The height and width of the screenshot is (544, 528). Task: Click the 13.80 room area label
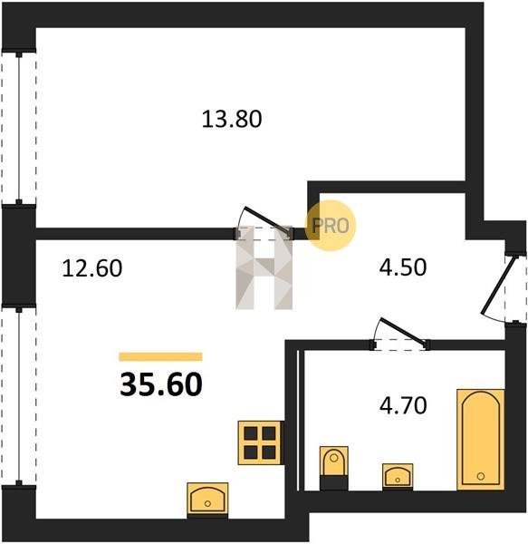(x=232, y=119)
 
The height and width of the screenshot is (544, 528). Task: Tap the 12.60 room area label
(x=91, y=268)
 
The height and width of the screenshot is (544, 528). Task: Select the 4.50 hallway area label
(x=403, y=267)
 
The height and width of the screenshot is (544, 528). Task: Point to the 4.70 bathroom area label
(x=403, y=405)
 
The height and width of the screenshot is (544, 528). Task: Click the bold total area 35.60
(x=161, y=384)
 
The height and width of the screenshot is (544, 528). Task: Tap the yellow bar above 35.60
(x=161, y=356)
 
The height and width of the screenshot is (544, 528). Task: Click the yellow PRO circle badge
(x=331, y=226)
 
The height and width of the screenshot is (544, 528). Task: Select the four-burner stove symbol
(x=260, y=442)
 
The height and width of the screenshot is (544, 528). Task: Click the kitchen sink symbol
(x=207, y=498)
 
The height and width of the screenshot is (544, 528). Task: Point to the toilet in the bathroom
(x=333, y=468)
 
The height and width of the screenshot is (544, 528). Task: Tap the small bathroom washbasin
(x=398, y=476)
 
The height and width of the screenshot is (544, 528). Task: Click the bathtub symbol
(x=481, y=440)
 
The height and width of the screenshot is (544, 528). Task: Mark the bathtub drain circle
(x=481, y=476)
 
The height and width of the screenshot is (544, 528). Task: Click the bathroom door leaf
(x=403, y=331)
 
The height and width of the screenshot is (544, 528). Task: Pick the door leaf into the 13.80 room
(x=267, y=220)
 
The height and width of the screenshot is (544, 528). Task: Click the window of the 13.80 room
(x=19, y=128)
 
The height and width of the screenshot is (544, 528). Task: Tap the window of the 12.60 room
(x=19, y=395)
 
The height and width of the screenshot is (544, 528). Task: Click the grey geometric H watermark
(x=264, y=267)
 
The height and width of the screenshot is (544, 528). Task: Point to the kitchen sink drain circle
(x=207, y=503)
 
